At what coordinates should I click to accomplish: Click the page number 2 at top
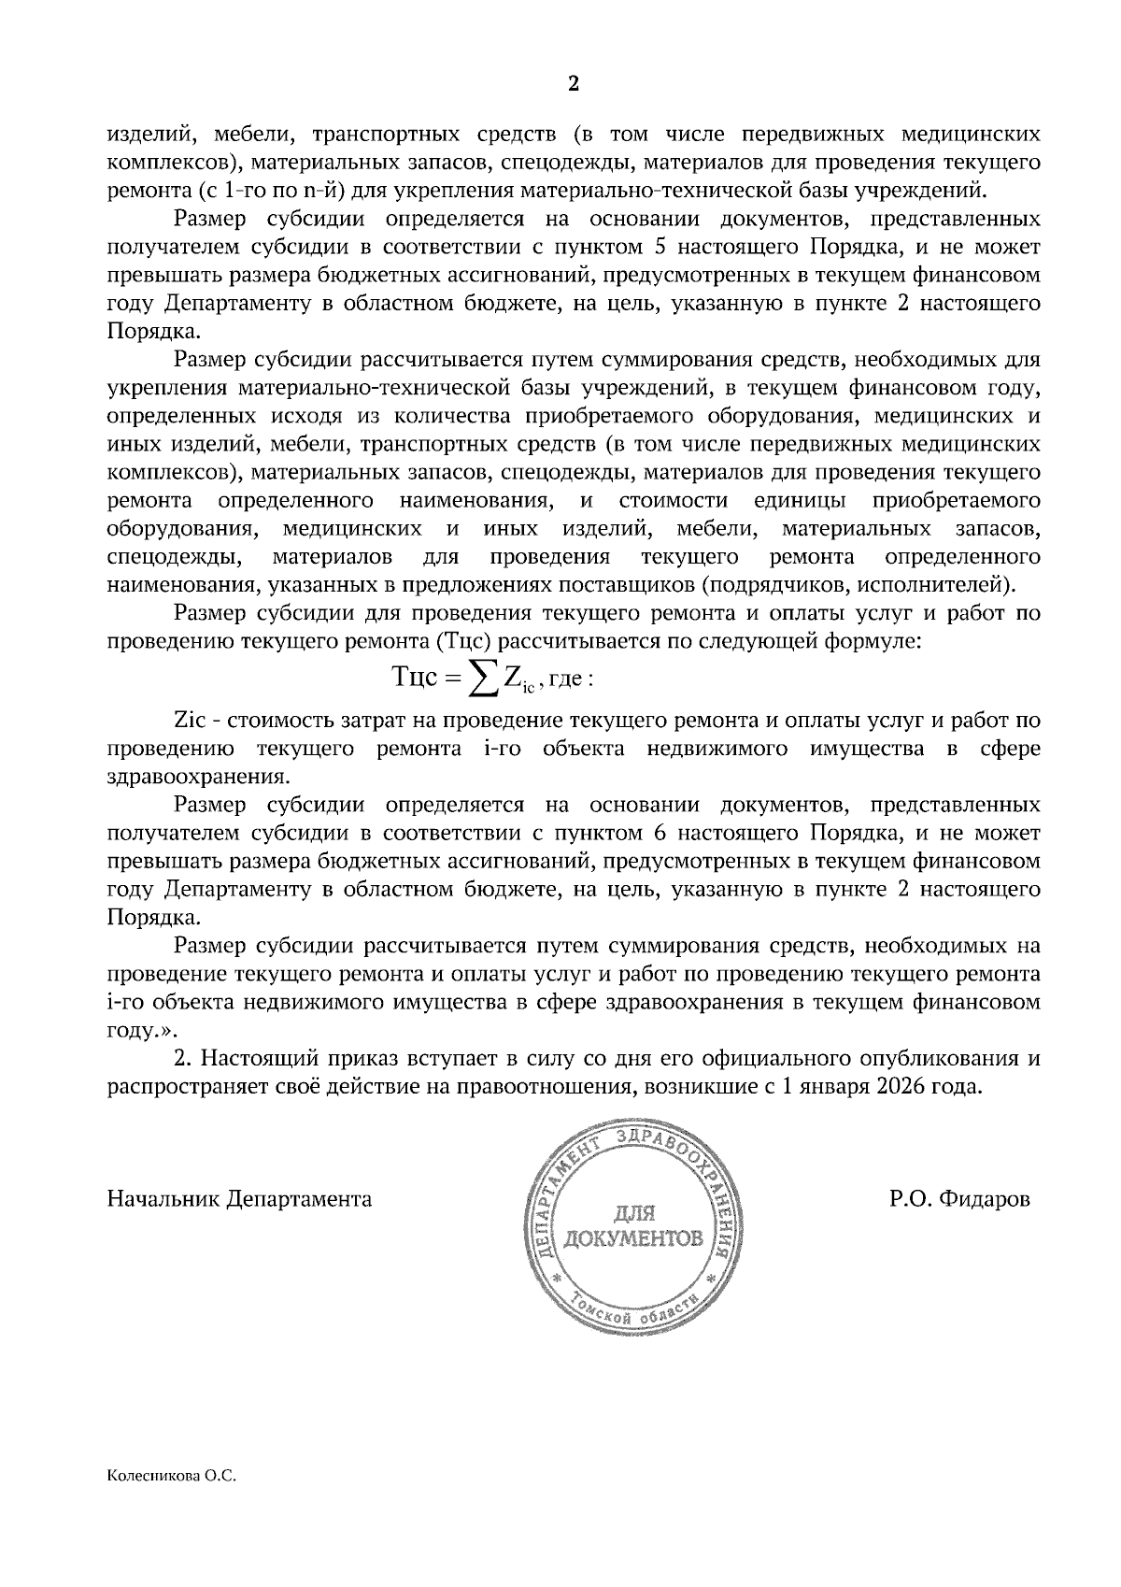click(x=574, y=84)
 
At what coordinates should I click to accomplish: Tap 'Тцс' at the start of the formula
click(x=415, y=679)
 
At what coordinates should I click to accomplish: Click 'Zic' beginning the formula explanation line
click(x=192, y=721)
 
